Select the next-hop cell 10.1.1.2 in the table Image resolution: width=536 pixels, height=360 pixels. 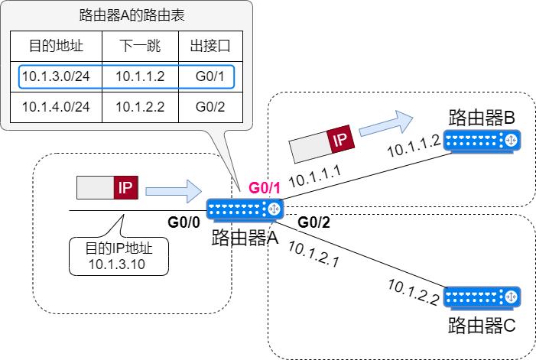139,76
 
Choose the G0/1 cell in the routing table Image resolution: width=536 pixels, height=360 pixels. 210,76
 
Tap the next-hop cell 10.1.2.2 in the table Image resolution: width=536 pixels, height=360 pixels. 139,106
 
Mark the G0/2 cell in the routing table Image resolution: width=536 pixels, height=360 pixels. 210,106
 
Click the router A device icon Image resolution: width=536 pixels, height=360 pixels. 245,209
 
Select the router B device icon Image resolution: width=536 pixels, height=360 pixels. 482,141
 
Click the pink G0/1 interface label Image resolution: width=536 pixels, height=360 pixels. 265,187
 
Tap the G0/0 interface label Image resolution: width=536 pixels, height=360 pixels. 184,222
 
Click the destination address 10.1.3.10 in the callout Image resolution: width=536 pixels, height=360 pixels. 116,264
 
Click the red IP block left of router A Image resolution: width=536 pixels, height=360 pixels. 126,187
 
